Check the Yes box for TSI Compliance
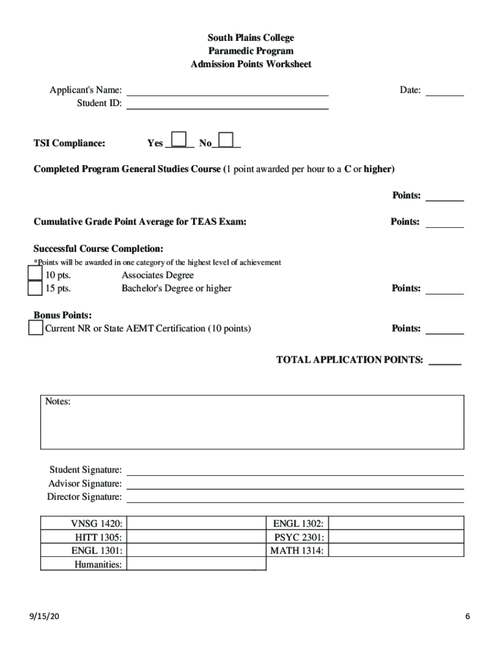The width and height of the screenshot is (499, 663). [x=180, y=140]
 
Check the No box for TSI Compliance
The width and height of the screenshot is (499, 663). [x=226, y=140]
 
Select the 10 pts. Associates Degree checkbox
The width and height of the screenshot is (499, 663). [x=34, y=275]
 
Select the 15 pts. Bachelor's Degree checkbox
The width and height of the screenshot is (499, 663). [x=34, y=288]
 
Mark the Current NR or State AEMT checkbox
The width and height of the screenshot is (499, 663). [x=35, y=328]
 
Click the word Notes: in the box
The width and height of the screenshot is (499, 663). [x=58, y=402]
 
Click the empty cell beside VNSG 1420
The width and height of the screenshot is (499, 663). [x=196, y=523]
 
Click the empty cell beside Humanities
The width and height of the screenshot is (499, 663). [x=196, y=564]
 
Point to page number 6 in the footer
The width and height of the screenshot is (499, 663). [x=467, y=617]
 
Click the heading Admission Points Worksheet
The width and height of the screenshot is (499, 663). [x=250, y=64]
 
